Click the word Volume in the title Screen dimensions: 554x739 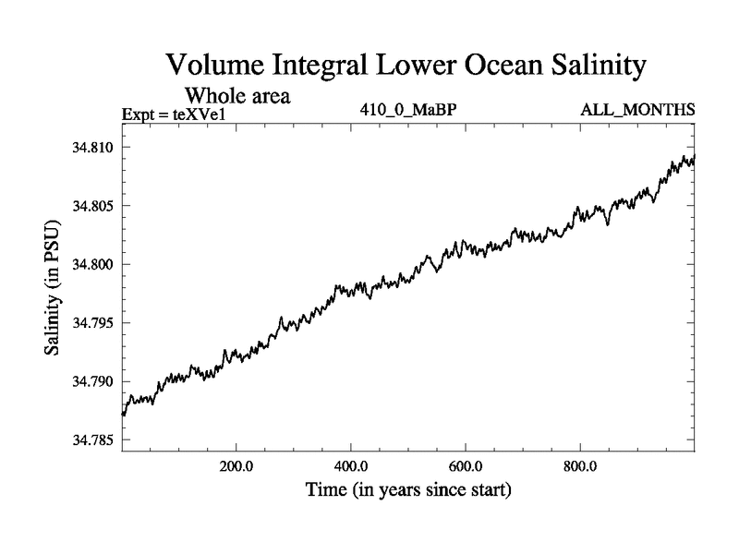tap(215, 66)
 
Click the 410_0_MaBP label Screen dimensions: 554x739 tap(409, 110)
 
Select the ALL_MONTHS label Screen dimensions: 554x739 tap(637, 110)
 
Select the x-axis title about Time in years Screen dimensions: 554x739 tap(408, 490)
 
